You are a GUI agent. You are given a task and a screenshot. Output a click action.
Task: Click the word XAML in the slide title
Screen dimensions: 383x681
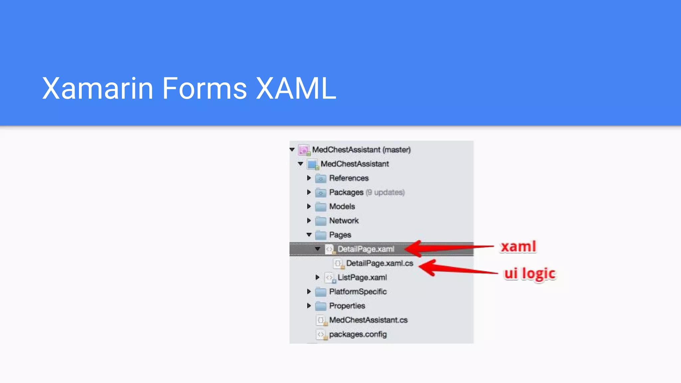[x=296, y=88]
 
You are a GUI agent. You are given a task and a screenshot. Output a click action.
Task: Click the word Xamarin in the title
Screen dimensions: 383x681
[x=97, y=88]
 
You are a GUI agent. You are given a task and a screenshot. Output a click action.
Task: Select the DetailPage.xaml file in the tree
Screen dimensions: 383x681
[x=366, y=249]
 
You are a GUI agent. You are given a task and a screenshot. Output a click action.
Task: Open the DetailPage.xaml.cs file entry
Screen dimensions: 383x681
[x=379, y=263]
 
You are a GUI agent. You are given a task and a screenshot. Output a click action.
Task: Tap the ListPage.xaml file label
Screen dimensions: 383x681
[x=362, y=278]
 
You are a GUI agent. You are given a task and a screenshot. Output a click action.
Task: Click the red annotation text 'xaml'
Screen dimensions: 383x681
[x=518, y=247]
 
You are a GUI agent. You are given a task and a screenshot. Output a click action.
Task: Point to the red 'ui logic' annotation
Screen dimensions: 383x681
[x=530, y=274]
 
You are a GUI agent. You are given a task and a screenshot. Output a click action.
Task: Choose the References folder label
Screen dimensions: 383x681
[x=349, y=178]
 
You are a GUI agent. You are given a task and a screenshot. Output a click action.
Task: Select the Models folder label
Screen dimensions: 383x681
[x=342, y=206]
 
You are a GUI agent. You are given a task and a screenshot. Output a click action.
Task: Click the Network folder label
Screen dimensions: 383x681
[x=344, y=221]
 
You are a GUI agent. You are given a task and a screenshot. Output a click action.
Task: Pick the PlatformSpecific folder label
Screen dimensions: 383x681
[x=358, y=292]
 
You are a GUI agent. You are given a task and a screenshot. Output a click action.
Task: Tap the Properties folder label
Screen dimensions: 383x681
[x=347, y=306]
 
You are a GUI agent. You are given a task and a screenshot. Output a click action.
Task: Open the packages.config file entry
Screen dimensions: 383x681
[x=358, y=334]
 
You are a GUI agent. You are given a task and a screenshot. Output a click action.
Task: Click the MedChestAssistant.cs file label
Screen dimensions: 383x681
[x=368, y=320]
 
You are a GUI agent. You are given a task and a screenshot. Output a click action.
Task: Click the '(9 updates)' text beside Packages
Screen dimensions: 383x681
[x=385, y=192]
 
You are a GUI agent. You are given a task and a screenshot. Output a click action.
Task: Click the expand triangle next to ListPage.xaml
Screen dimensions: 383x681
[x=317, y=277]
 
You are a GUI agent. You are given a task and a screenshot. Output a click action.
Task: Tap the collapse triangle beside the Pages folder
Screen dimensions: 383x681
[x=309, y=235]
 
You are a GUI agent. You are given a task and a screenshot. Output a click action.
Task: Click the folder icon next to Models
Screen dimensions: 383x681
[x=321, y=207]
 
